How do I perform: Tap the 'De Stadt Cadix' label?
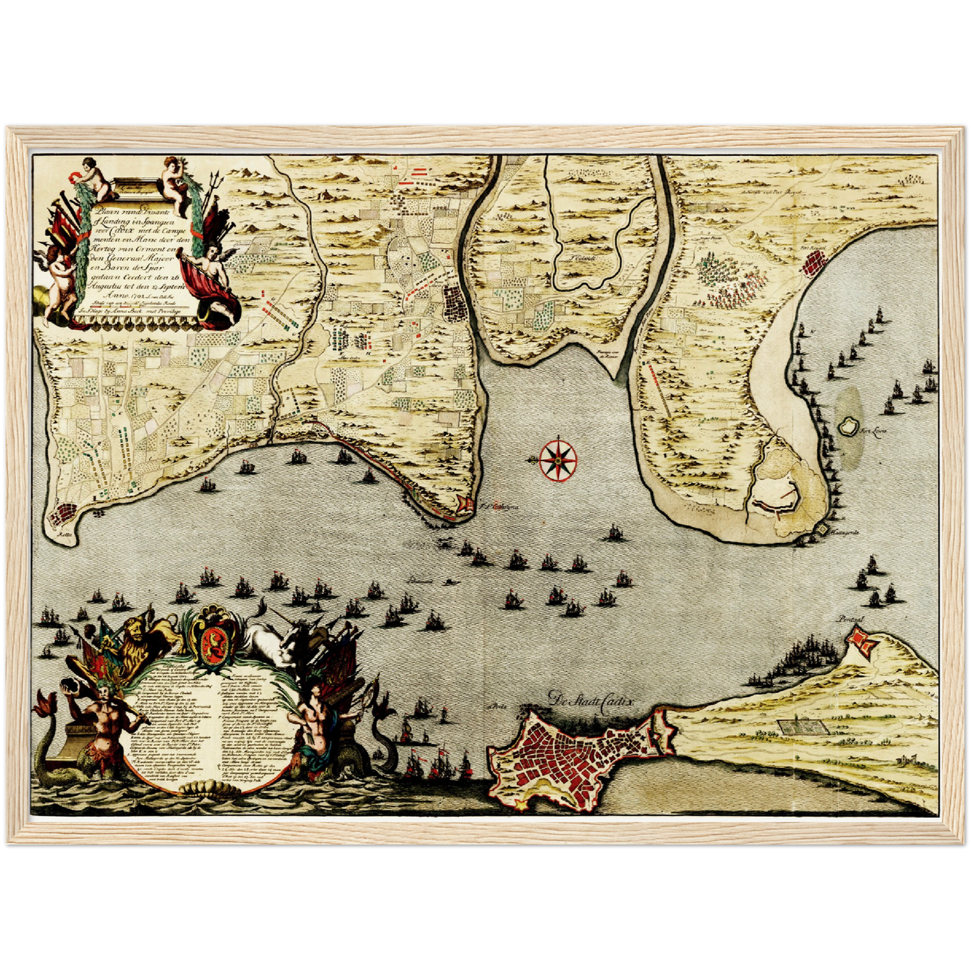tap(591, 700)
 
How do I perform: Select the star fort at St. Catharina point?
tap(464, 505)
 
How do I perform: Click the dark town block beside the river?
tap(456, 304)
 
